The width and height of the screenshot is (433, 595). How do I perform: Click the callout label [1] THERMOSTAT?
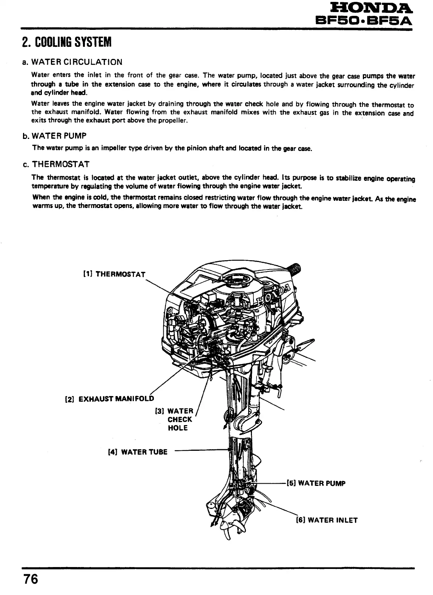114,274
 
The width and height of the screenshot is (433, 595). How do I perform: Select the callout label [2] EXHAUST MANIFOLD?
110,399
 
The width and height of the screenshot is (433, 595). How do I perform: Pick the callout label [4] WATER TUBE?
137,452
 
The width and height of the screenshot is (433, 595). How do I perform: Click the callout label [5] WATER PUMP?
316,483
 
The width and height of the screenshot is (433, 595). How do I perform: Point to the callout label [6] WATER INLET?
326,520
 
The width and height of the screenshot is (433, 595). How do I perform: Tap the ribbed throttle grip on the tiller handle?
294,269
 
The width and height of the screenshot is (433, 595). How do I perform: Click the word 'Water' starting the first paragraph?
39,74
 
